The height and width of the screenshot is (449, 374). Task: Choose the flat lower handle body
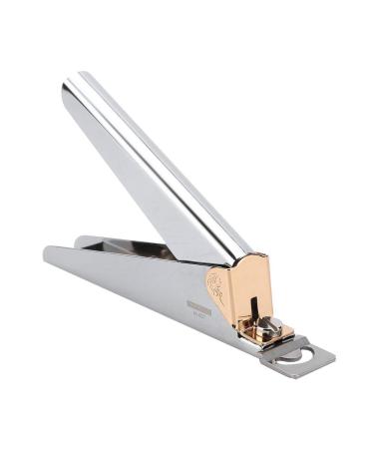point(140,289)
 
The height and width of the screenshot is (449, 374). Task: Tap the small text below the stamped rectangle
point(200,318)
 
